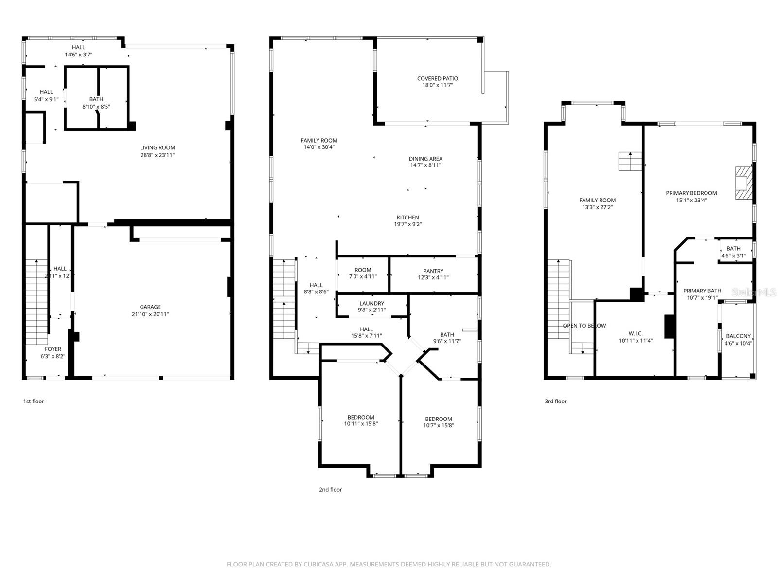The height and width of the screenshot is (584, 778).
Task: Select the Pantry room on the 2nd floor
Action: [x=433, y=274]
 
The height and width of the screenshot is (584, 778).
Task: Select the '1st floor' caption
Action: [x=34, y=401]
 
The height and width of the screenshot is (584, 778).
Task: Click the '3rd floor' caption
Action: [x=555, y=401]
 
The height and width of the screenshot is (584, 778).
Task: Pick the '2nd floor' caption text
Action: [x=330, y=490]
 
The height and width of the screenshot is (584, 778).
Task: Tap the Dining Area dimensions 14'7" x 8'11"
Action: [x=425, y=165]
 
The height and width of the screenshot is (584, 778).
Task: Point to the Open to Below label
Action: [x=584, y=326]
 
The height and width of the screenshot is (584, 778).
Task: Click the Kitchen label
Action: [x=407, y=218]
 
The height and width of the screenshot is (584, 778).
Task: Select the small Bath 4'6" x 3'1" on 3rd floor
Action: [x=733, y=252]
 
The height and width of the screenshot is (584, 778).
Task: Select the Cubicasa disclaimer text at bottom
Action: [x=389, y=565]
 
